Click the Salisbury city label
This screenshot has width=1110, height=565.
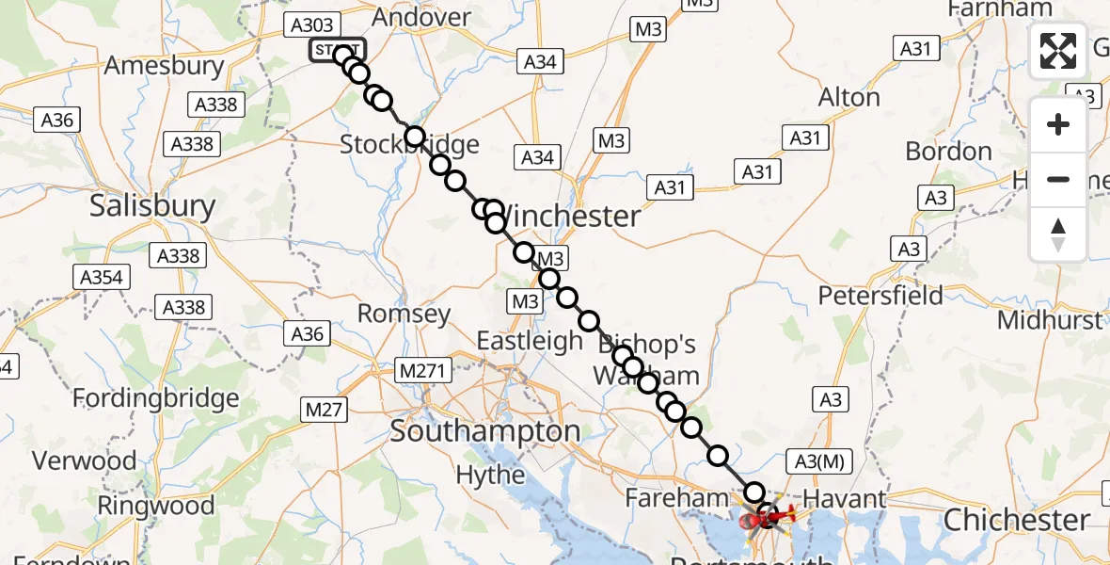point(152,206)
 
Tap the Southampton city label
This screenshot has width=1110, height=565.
point(485,431)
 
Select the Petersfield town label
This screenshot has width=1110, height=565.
point(880,296)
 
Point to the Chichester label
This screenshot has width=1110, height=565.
point(1017,520)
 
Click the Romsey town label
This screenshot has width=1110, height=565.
point(404,314)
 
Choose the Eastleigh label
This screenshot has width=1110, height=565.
point(530,341)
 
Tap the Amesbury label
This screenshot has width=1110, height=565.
point(165,66)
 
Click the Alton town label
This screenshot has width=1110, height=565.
point(848,97)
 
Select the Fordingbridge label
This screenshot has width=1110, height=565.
point(156,398)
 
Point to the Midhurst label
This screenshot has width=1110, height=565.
point(1050,320)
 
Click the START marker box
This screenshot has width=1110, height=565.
point(334,50)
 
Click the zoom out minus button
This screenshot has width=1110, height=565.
point(1058,179)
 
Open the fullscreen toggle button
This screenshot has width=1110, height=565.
point(1058,51)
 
